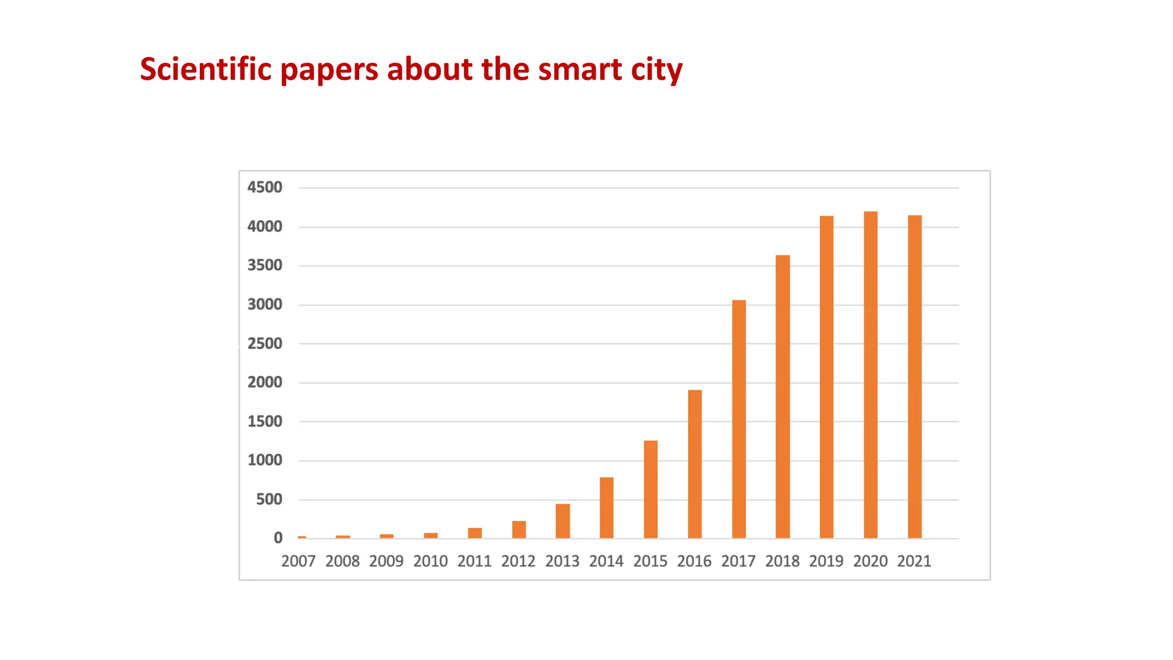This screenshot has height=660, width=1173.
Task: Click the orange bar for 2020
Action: (870, 375)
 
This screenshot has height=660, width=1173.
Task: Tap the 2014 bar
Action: (607, 508)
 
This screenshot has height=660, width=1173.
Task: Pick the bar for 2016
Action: (694, 464)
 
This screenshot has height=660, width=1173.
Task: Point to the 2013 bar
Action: (562, 521)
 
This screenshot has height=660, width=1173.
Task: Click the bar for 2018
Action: (782, 396)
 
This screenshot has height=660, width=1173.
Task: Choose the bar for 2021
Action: (914, 377)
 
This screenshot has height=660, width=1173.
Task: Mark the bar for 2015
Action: (650, 489)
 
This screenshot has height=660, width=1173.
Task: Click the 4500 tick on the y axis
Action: (265, 187)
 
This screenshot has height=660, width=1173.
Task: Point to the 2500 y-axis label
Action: (265, 344)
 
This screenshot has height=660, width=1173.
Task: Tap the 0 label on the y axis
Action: (278, 538)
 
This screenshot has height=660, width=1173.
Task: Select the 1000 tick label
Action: (265, 460)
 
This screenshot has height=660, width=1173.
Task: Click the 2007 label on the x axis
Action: (298, 561)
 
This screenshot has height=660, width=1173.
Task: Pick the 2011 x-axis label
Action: (474, 561)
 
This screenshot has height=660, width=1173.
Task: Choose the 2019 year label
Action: (826, 561)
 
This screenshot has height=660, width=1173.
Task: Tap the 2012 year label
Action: (518, 561)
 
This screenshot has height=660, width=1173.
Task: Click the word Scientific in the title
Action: (206, 69)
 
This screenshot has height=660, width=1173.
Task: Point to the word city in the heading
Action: (656, 70)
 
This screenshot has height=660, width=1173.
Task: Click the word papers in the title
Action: (329, 70)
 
